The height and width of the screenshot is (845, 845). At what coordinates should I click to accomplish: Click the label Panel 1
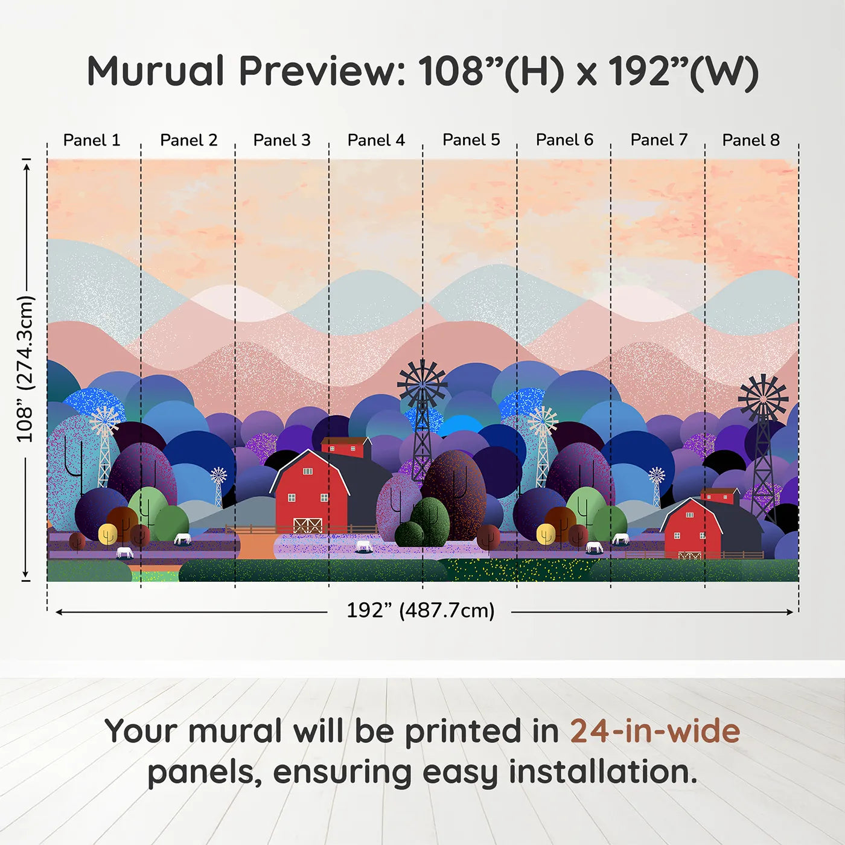pos(92,140)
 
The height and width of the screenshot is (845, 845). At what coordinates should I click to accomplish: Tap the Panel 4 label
pos(376,140)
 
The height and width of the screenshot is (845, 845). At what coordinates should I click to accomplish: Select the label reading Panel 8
pos(751,140)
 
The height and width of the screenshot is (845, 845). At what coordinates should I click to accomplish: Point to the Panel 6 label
pos(564,140)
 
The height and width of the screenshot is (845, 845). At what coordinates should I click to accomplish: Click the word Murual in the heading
pos(156,71)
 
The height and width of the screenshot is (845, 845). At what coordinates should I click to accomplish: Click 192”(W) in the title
pos(683,71)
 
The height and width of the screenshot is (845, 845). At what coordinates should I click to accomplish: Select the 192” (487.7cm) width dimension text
pos(420,610)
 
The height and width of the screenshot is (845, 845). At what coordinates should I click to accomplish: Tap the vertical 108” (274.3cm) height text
pos(25,369)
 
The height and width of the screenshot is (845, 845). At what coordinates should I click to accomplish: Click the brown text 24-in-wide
pos(655,731)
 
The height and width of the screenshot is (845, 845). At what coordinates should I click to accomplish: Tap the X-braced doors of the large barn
pos(308,525)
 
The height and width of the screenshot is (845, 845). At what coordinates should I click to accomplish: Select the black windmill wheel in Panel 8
pos(764,398)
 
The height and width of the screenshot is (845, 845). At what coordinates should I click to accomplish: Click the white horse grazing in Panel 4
pos(364,546)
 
